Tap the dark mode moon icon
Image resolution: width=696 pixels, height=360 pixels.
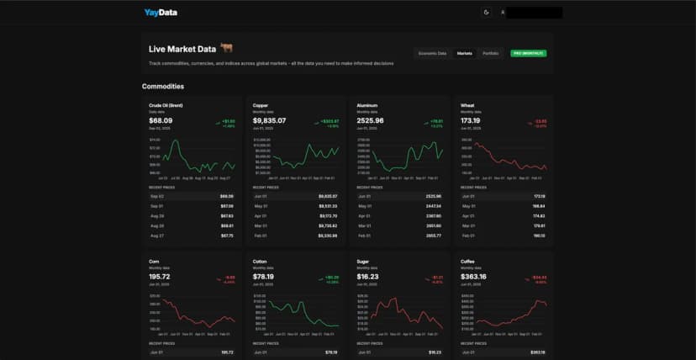pos(486,13)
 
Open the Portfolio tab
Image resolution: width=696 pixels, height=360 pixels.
pos(490,53)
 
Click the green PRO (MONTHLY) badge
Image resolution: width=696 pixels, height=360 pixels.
pos(528,53)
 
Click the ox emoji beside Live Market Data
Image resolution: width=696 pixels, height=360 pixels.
pos(225,49)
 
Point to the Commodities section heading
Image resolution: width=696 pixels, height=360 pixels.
pos(163,87)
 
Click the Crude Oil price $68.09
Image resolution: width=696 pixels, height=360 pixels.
pos(161,121)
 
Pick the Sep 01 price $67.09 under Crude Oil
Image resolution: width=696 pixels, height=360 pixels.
pos(227,205)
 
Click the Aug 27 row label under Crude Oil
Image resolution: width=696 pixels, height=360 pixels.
pos(156,236)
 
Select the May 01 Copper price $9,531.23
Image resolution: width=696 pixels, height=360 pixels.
pos(327,205)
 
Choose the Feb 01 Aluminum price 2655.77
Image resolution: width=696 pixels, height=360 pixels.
pos(433,236)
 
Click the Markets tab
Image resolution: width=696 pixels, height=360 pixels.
pos(464,53)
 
